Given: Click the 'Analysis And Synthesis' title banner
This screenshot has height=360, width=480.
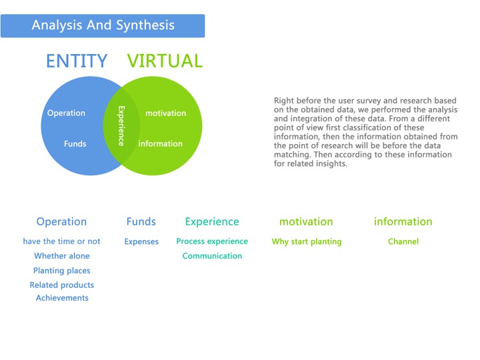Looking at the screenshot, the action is pos(103,26).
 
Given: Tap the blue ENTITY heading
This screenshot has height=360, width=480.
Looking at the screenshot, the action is pos(77,61).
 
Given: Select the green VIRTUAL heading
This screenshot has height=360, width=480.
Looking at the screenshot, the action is pos(165,61).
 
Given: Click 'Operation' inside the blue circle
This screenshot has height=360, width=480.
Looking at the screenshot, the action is pos(66,113).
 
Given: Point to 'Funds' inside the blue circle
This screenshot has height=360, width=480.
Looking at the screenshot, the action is pos(75,143).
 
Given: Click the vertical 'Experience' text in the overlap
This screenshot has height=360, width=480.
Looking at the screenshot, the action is pos(121,126).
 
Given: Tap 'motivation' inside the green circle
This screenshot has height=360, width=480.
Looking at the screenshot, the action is pos(165,113).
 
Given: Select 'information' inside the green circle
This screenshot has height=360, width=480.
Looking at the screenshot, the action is pos(161,143).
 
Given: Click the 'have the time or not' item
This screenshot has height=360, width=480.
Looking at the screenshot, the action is pos(61,241).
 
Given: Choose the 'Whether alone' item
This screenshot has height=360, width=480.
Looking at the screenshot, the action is pos(62,256).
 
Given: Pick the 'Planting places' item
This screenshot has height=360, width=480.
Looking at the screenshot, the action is pos(62,271).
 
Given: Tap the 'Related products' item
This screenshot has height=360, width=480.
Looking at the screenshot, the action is pos(62,285).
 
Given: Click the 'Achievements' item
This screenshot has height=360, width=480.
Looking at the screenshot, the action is pos(62,298).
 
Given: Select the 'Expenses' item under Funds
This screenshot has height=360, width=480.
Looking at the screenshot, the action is pos(141,241).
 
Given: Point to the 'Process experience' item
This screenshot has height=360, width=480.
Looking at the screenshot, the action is pos(212,241).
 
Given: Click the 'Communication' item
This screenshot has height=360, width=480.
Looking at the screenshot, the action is pos(212,256).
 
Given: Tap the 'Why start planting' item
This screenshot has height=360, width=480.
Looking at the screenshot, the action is pos(307,241).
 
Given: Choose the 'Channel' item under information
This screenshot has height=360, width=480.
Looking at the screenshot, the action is pos(403,241).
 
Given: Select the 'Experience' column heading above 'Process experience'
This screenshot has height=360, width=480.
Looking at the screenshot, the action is pos(212,221).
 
